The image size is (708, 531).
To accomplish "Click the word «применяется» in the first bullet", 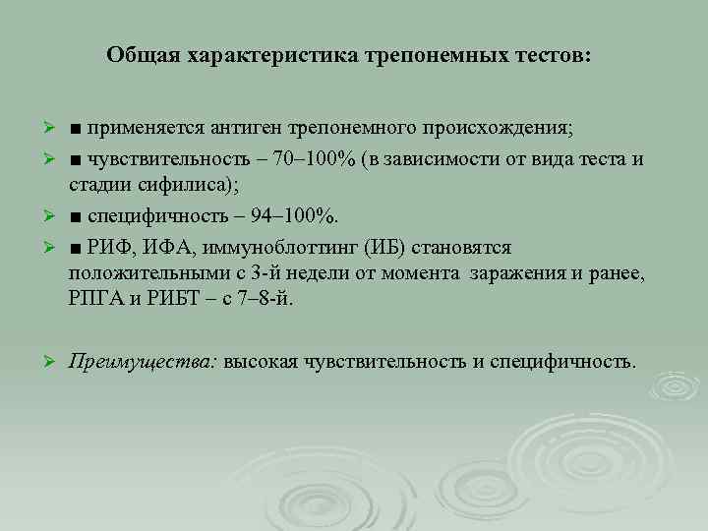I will (141, 130).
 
